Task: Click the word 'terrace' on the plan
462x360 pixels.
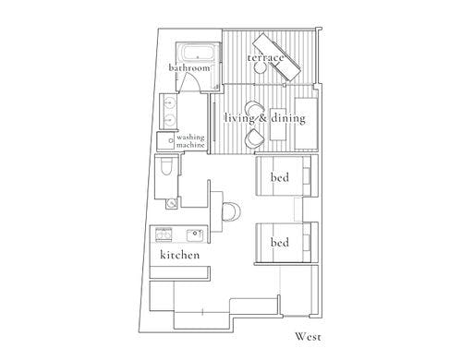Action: (x=265, y=58)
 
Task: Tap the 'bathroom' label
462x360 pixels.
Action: (x=189, y=67)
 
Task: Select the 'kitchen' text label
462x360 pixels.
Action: (x=180, y=255)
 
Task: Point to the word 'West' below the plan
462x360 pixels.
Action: (x=308, y=337)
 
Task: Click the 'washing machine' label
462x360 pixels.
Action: (x=190, y=141)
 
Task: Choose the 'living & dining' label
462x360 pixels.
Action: (x=265, y=118)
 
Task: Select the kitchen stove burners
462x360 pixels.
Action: (x=164, y=234)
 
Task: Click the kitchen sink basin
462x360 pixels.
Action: (x=195, y=235)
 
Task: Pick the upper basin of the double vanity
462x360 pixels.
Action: (x=169, y=102)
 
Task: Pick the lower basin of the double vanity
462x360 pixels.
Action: (x=169, y=119)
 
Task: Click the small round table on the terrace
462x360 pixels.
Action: (x=261, y=67)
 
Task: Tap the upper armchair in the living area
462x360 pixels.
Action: (x=255, y=109)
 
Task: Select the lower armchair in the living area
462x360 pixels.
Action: (x=254, y=138)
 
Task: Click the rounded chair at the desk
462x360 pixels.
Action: (x=231, y=211)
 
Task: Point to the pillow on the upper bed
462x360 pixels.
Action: (x=307, y=175)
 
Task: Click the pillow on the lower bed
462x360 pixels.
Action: (x=307, y=243)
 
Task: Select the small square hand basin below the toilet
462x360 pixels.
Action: (x=172, y=203)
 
